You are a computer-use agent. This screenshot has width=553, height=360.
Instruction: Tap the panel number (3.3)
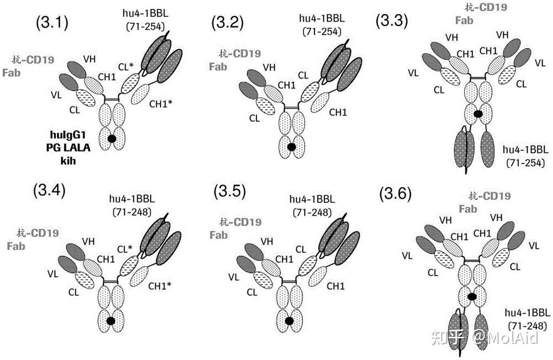pyautogui.click(x=392, y=22)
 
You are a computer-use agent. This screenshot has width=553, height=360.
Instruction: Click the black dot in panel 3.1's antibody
pyautogui.click(x=112, y=138)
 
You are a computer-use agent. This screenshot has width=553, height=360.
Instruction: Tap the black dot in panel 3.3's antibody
pyautogui.click(x=477, y=114)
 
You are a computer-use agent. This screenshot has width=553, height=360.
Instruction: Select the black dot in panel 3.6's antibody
pyautogui.click(x=472, y=297)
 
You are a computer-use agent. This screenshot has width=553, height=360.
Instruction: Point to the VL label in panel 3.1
pyautogui.click(x=56, y=94)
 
